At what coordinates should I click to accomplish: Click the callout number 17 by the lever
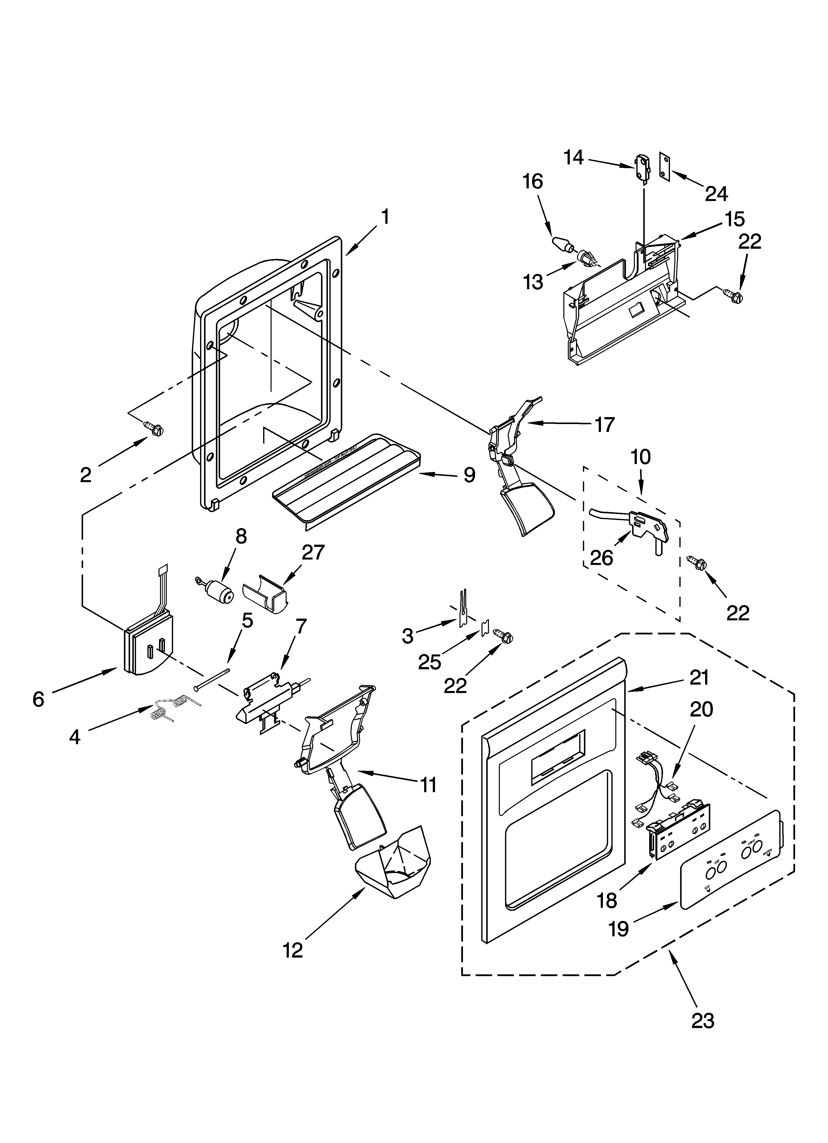604,424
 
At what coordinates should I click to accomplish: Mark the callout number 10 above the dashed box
641,457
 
